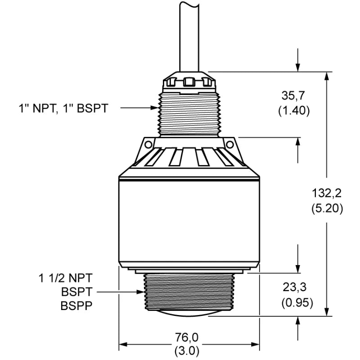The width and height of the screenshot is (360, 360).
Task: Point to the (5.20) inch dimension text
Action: click(x=327, y=208)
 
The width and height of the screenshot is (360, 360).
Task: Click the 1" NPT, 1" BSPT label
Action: click(x=63, y=108)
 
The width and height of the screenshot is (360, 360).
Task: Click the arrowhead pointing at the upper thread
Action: click(x=155, y=108)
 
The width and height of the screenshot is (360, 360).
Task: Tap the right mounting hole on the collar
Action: click(x=229, y=144)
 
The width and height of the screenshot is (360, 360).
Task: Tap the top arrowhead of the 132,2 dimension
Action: click(x=327, y=76)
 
